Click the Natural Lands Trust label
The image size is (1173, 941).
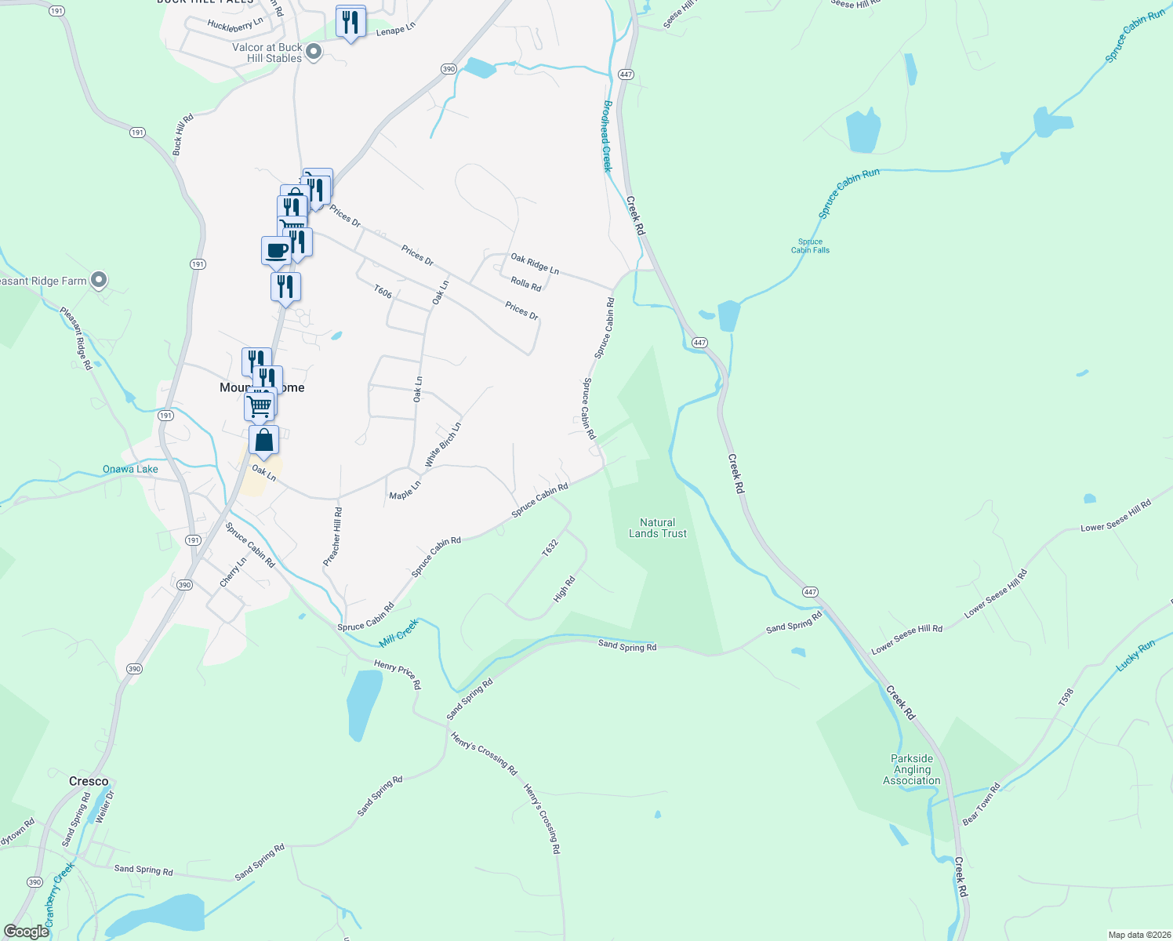tap(657, 528)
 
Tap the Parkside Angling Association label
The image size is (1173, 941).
tap(911, 769)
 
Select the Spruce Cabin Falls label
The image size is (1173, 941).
tap(810, 246)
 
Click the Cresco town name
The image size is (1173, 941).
tap(89, 781)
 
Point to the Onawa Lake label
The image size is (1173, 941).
tap(130, 469)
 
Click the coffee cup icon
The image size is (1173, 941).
tap(275, 252)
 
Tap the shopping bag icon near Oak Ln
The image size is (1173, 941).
tap(264, 441)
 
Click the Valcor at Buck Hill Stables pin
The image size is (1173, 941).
tap(314, 53)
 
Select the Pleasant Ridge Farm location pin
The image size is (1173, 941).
tap(99, 280)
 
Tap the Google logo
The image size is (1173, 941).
tap(27, 932)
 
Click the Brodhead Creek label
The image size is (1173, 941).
tap(607, 136)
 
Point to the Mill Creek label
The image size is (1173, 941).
tap(399, 633)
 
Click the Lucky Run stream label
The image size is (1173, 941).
tap(1135, 655)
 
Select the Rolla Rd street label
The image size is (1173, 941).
tap(525, 284)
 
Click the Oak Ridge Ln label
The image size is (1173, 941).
tap(535, 263)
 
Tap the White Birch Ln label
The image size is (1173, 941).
tap(443, 445)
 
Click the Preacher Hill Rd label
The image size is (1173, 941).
tap(332, 536)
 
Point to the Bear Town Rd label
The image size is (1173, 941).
tap(981, 804)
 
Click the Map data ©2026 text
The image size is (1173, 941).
tap(1138, 935)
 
